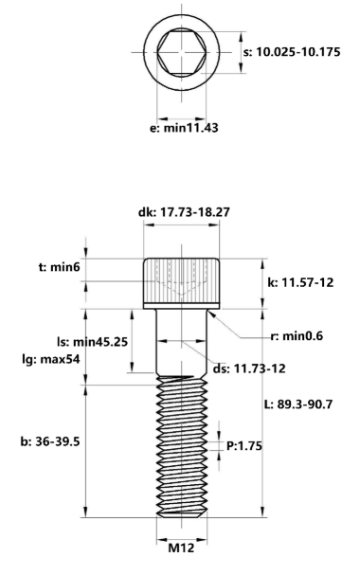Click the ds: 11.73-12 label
[x=247, y=369]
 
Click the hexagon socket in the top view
[x=180, y=52]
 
